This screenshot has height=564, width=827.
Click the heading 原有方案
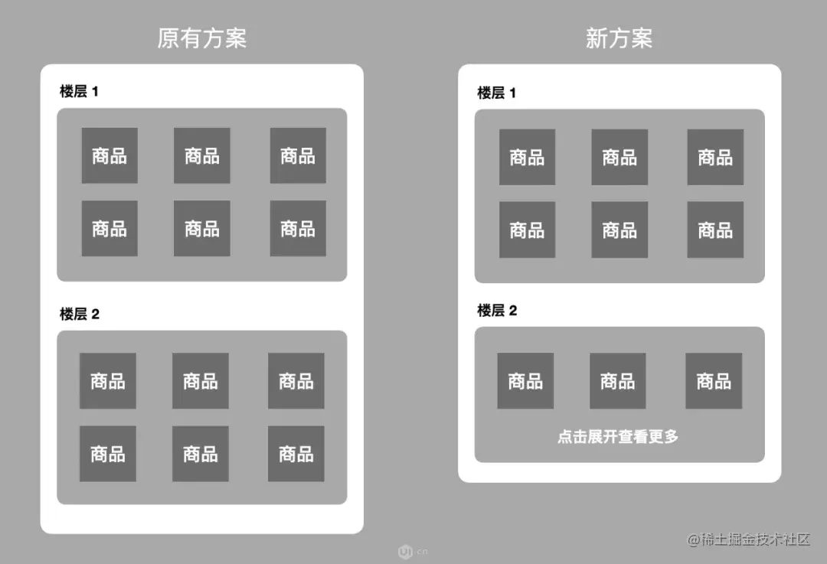tap(201, 38)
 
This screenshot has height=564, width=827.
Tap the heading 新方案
tap(619, 38)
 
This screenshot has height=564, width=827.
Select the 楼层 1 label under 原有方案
tap(80, 92)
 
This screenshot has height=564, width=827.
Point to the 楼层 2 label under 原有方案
tap(80, 314)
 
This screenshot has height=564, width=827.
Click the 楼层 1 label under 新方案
tap(497, 93)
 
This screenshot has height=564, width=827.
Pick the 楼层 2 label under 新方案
tap(497, 311)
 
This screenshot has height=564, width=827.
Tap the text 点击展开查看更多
tap(618, 437)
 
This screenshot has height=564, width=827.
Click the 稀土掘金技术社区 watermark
tap(748, 540)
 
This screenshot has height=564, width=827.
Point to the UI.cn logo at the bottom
tap(412, 551)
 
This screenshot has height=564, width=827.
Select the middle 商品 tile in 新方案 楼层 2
tap(617, 380)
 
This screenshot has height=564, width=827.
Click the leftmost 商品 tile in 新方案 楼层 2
tap(525, 380)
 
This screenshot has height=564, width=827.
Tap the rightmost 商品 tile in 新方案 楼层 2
tap(714, 380)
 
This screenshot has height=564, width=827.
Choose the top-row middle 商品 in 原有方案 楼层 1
tap(201, 155)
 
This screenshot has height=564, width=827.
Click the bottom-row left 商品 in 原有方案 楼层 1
tap(110, 228)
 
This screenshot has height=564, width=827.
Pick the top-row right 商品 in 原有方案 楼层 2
tap(296, 380)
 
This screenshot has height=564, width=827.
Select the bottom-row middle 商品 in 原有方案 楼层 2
tap(200, 454)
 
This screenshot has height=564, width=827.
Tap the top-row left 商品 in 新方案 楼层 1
tap(527, 157)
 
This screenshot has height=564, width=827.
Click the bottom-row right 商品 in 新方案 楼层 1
tap(715, 230)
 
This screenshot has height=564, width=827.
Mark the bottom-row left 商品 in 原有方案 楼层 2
tap(108, 454)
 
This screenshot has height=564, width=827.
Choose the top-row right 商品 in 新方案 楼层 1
tap(715, 157)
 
